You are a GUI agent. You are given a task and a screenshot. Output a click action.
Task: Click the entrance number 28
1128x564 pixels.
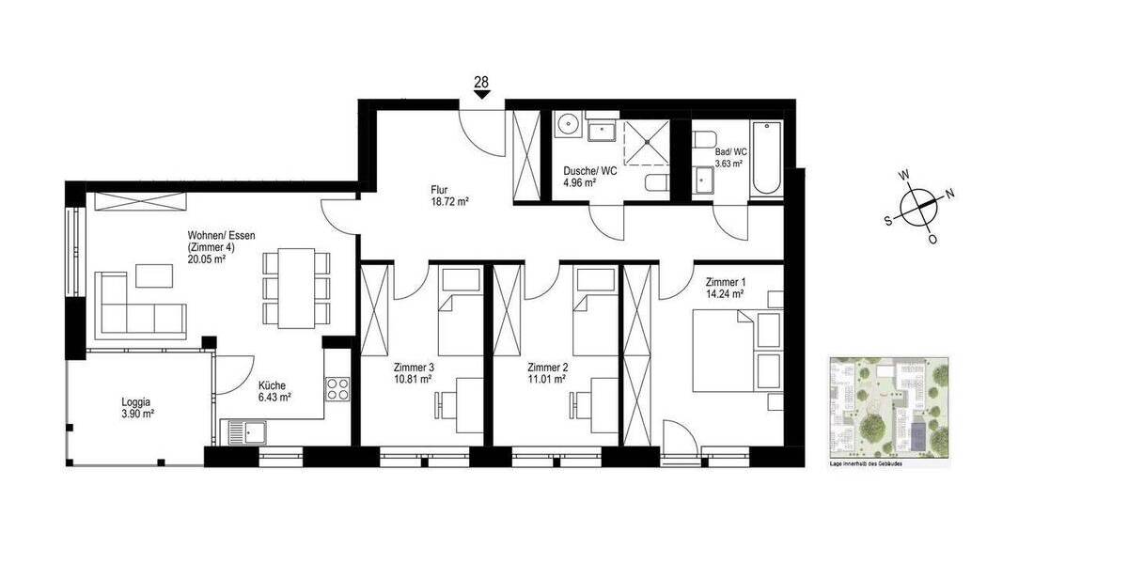pos(481,83)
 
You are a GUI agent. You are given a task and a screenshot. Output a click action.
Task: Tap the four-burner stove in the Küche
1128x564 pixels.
pos(337,388)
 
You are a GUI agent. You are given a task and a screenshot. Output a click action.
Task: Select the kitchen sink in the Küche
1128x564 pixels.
pos(245,433)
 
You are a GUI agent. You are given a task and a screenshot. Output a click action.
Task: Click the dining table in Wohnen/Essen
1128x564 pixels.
pos(297,287)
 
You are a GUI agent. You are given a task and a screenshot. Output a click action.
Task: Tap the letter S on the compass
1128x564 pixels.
pos(888,221)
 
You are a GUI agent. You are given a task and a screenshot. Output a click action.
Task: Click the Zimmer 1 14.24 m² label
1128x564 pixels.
pos(725,287)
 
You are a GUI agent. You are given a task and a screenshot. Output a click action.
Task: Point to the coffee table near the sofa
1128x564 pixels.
pos(155,274)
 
